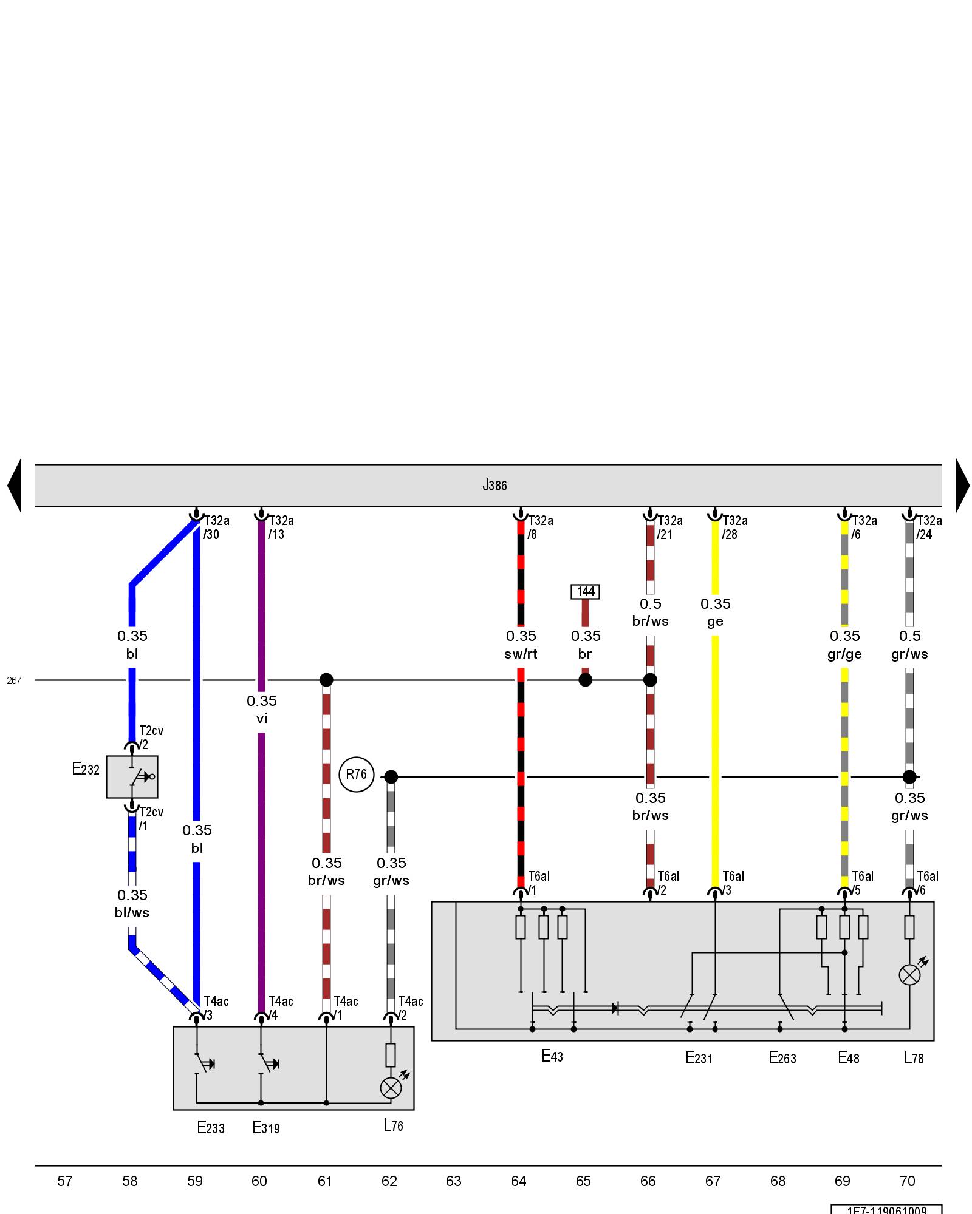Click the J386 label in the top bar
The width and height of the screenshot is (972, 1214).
pyautogui.click(x=494, y=485)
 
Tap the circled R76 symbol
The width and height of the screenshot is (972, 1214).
pyautogui.click(x=356, y=775)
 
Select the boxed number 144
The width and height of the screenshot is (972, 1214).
pyautogui.click(x=585, y=591)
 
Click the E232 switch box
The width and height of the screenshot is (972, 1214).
pyautogui.click(x=132, y=776)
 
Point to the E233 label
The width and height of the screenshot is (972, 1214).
pyautogui.click(x=211, y=1128)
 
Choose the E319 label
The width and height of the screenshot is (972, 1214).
pyautogui.click(x=266, y=1128)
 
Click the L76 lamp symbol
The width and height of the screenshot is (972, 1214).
pyautogui.click(x=391, y=1088)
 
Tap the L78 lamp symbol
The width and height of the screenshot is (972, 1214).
pyautogui.click(x=909, y=975)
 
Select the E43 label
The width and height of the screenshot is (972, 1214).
pyautogui.click(x=552, y=1056)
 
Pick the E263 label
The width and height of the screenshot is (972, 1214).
pyautogui.click(x=782, y=1058)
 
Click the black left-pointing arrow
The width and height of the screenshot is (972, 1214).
pyautogui.click(x=15, y=485)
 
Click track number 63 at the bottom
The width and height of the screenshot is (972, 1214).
pyautogui.click(x=454, y=1181)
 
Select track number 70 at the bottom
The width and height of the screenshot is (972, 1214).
pyautogui.click(x=908, y=1181)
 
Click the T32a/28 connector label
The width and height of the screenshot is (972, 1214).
pyautogui.click(x=734, y=527)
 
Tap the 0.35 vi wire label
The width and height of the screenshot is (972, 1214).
pyautogui.click(x=262, y=710)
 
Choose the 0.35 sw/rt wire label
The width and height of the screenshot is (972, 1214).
pyautogui.click(x=521, y=645)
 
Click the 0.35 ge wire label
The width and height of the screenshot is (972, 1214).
pyautogui.click(x=716, y=612)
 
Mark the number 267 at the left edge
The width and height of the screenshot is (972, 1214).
pyautogui.click(x=14, y=680)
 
